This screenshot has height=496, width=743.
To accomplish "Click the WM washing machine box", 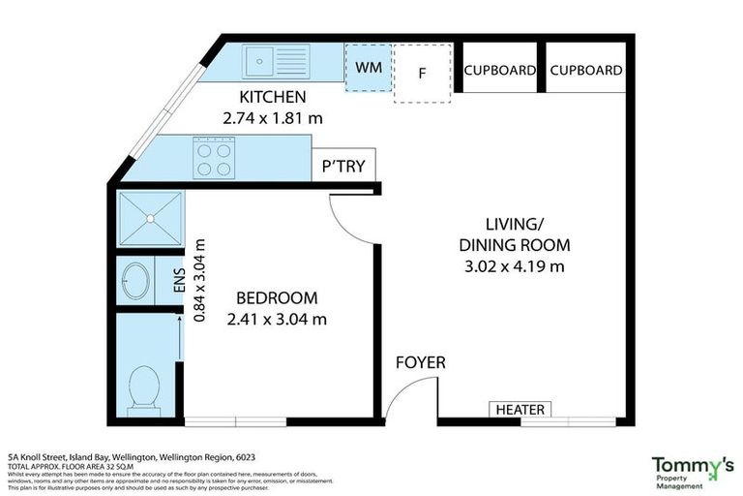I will pyautogui.click(x=369, y=68).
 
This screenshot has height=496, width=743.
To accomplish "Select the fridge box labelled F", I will pyautogui.click(x=422, y=73).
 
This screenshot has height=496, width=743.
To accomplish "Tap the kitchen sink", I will pyautogui.click(x=262, y=61).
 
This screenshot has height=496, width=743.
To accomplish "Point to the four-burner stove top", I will pyautogui.click(x=215, y=156).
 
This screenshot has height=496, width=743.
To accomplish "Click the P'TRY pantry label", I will pyautogui.click(x=343, y=167).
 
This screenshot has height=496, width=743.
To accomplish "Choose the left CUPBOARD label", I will pyautogui.click(x=500, y=71).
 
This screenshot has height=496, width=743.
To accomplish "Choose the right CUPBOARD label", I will pyautogui.click(x=585, y=71).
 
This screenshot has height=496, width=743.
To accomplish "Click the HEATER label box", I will pyautogui.click(x=520, y=410).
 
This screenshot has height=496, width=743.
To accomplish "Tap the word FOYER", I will pyautogui.click(x=421, y=363).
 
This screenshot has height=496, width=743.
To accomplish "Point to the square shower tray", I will pyautogui.click(x=149, y=220).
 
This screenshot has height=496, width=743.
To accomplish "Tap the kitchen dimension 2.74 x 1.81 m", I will pyautogui.click(x=273, y=119).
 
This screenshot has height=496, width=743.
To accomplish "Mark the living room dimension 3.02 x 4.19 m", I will pyautogui.click(x=514, y=266).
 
